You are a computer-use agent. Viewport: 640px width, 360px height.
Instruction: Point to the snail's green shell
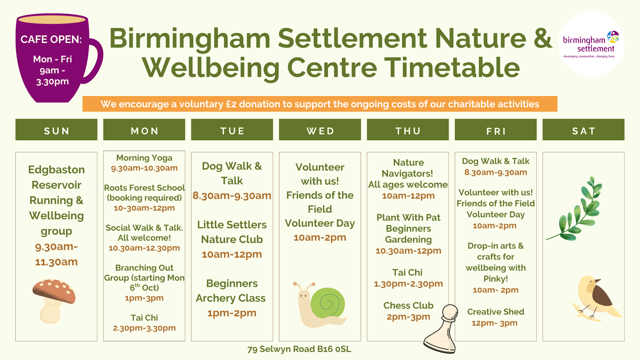tap(327, 303)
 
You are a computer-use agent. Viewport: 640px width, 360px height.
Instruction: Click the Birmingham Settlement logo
tap(591, 44)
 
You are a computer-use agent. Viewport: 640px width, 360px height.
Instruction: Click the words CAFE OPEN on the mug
tap(51, 39)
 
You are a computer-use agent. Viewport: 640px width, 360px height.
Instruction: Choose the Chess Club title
tap(408, 305)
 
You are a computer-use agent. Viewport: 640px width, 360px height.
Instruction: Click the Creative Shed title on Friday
tap(496, 312)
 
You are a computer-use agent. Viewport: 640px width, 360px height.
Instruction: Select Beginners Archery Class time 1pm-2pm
tap(232, 313)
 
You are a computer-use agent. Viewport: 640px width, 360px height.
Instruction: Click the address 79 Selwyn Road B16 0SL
tap(299, 349)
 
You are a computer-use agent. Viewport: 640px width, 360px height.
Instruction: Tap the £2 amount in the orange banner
tap(231, 104)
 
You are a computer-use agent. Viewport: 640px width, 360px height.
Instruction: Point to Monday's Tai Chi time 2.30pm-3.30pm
tap(144, 328)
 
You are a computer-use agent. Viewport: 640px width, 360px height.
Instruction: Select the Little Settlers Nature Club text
tap(232, 232)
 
